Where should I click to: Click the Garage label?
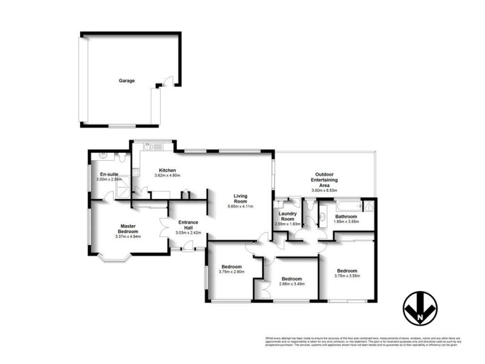(x=127, y=81)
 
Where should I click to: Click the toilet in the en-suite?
(x=122, y=158)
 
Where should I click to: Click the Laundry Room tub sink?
(x=279, y=203)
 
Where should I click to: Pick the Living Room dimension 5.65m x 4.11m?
(x=239, y=206)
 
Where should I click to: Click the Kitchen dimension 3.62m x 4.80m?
(x=167, y=175)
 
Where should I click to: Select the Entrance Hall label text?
(x=184, y=224)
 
